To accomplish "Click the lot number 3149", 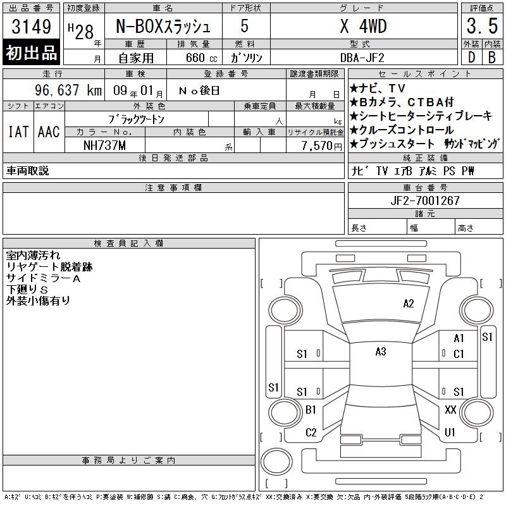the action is coord(31,26).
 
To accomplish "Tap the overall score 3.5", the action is coord(482,26).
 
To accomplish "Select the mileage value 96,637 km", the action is coord(68,90).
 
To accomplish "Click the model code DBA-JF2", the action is coord(362,58).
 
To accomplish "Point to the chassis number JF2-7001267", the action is coord(424,201).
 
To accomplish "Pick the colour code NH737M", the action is coord(104,145).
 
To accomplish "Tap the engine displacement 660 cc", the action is coord(201,58).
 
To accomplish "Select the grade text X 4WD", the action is coord(363,26).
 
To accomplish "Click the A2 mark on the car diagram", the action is coord(408,304).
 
